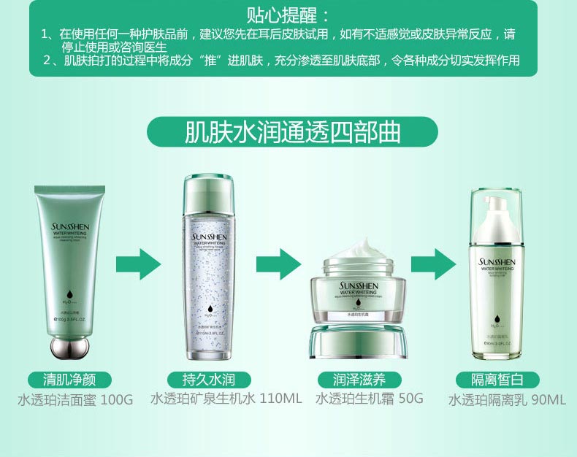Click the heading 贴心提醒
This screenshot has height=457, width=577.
click(288, 15)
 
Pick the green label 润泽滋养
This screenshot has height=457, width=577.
click(359, 380)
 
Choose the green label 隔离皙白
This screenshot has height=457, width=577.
click(498, 380)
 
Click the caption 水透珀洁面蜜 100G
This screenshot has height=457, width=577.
click(75, 400)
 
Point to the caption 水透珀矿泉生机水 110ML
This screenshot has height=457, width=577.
click(226, 399)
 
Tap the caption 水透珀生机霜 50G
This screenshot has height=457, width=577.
click(369, 399)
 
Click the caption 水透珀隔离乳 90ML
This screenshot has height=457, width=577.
click(507, 400)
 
